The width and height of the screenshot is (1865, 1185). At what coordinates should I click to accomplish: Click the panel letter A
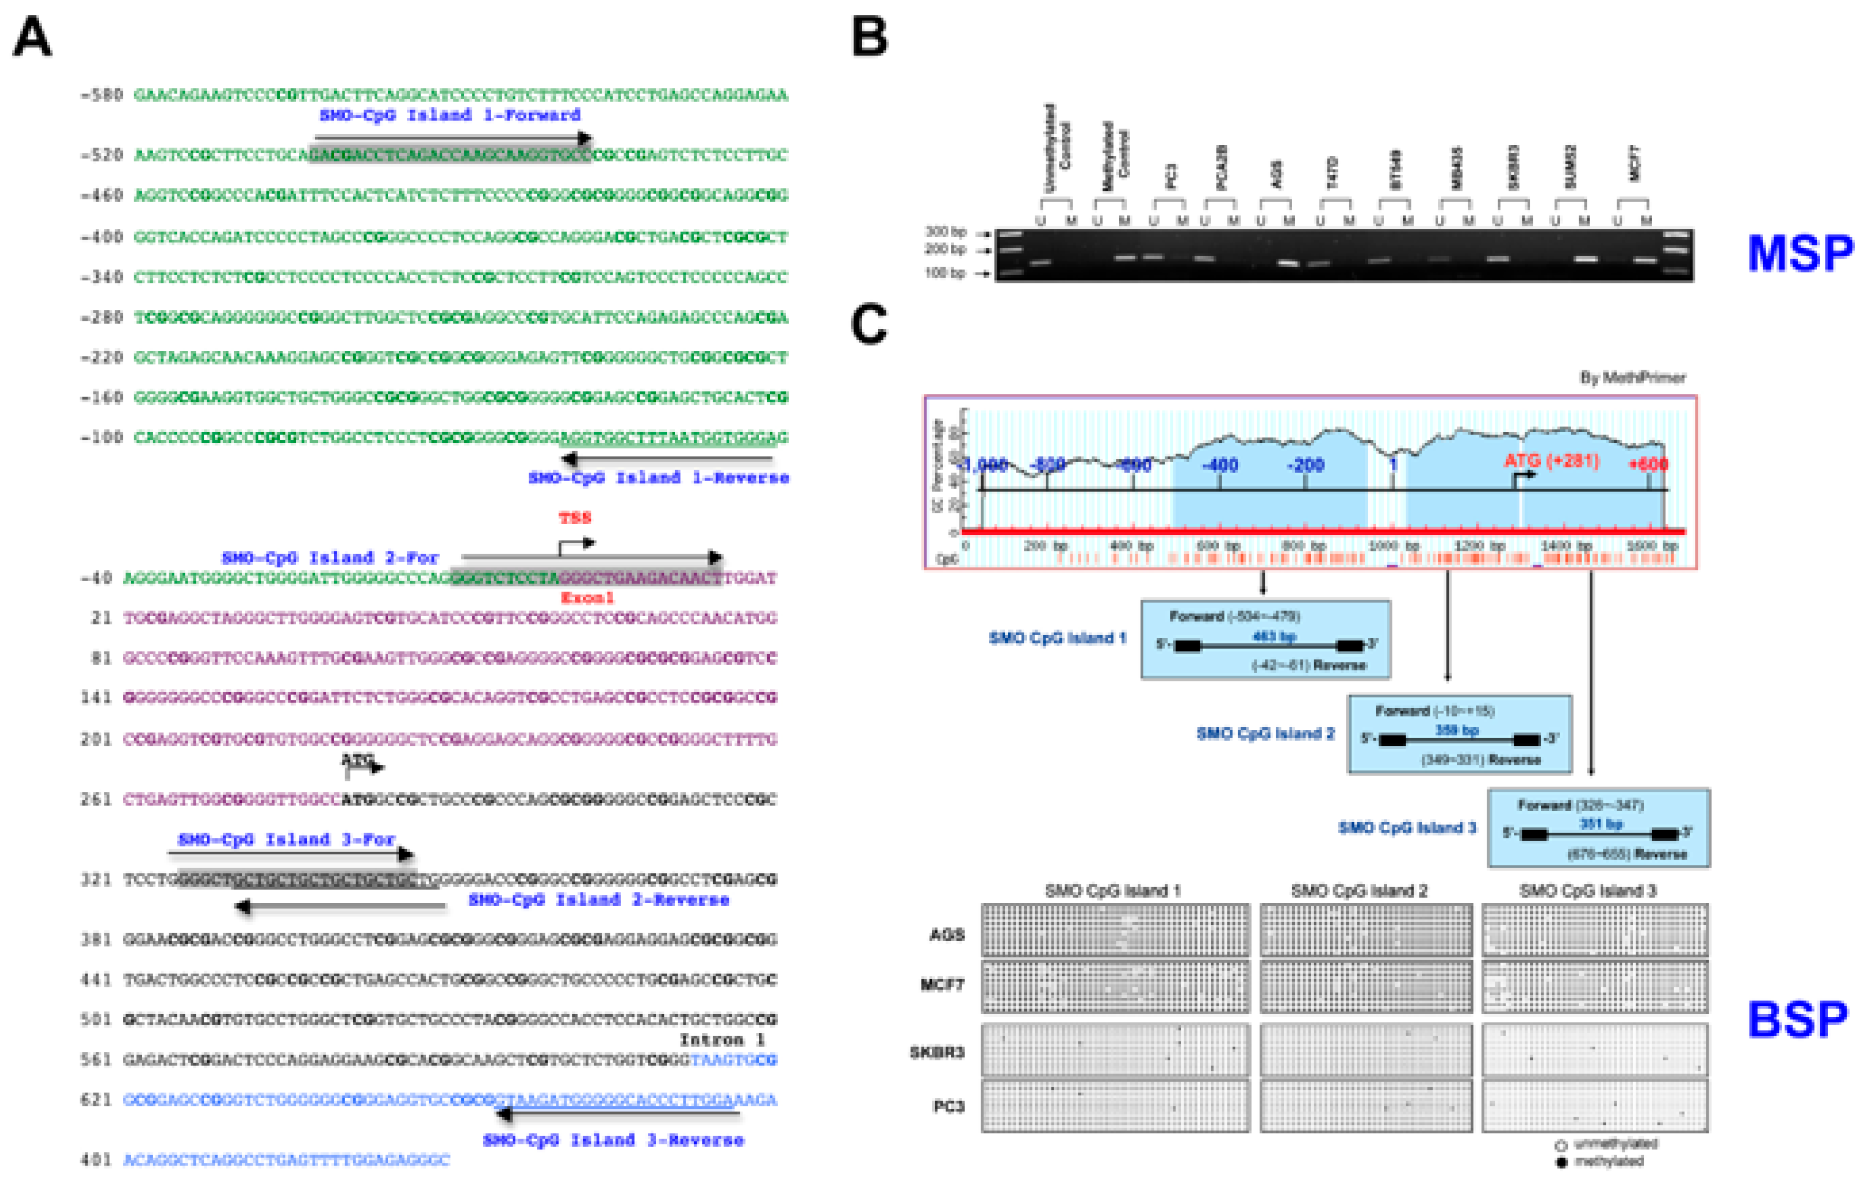tap(32, 38)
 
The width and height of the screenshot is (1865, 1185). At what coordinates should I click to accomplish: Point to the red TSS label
tap(575, 517)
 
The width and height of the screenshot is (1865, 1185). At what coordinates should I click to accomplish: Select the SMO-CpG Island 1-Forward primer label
tap(450, 115)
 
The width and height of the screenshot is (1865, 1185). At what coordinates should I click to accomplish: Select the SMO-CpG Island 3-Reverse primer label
tap(612, 1140)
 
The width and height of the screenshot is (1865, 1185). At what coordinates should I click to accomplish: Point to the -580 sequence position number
tap(101, 95)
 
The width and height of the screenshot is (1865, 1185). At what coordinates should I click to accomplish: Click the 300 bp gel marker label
tap(946, 231)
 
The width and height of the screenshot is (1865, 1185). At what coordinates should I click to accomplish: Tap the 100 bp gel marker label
tap(946, 273)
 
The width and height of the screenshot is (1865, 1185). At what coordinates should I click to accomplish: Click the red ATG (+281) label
tap(1551, 461)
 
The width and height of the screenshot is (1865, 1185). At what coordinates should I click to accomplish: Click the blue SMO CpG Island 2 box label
tap(1265, 733)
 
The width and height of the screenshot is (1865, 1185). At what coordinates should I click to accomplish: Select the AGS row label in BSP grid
tap(947, 935)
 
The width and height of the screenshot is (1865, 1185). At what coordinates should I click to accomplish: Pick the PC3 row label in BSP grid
tap(948, 1106)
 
